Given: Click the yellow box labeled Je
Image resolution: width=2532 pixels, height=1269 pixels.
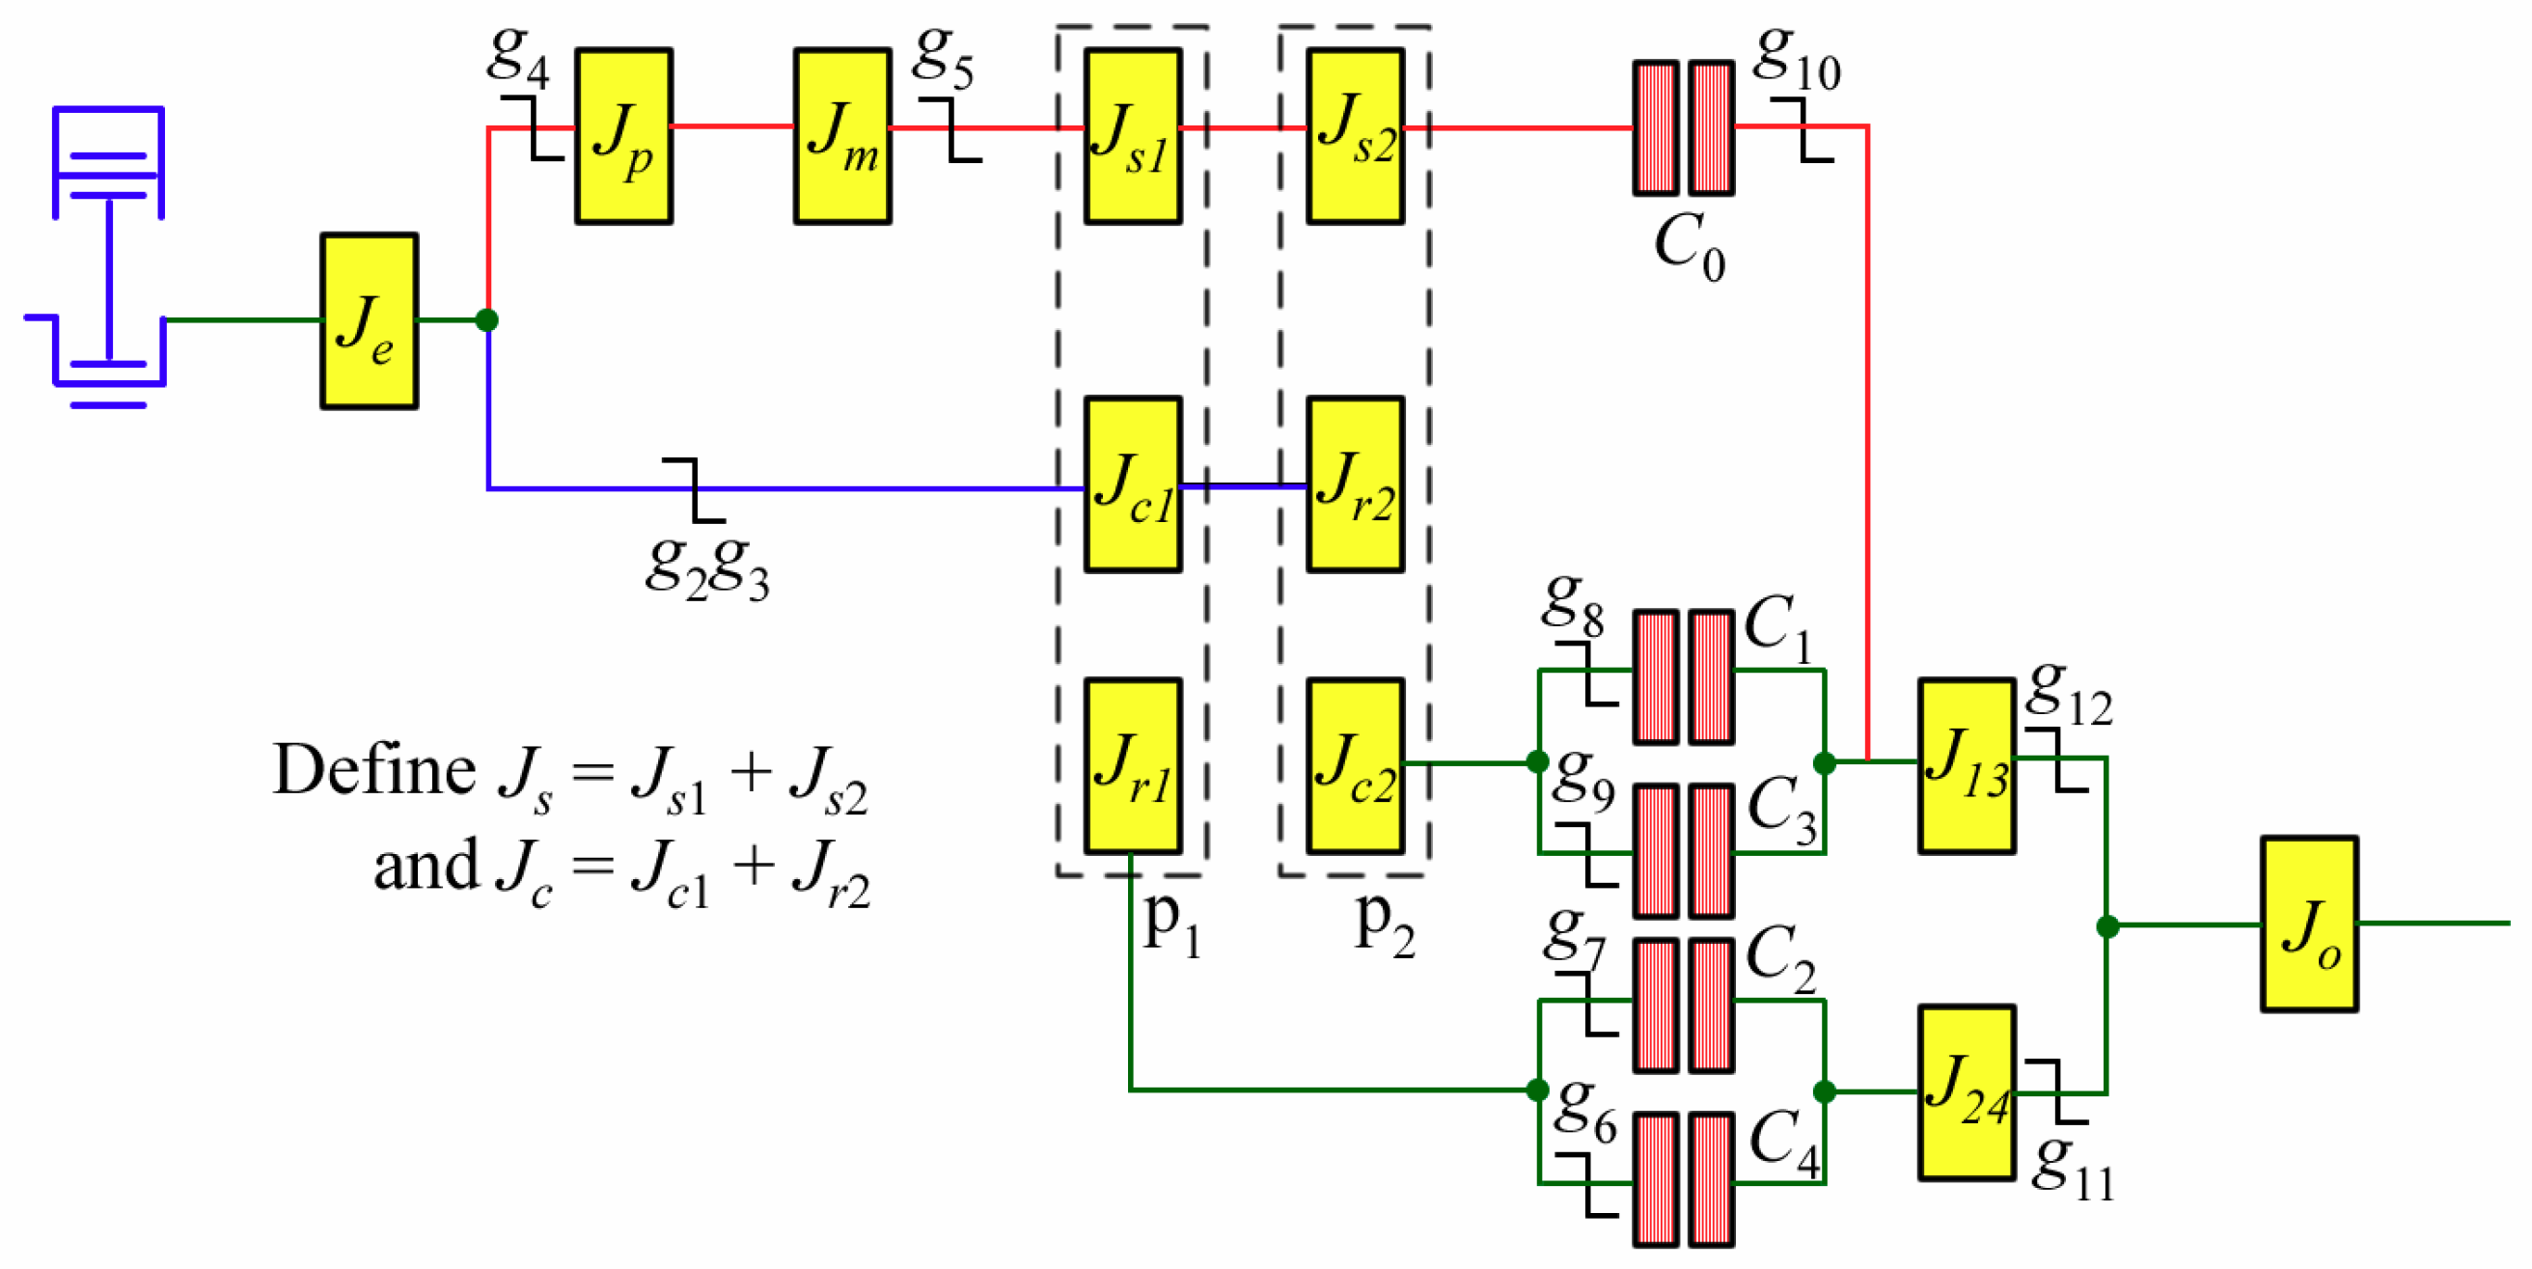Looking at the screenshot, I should coord(369,320).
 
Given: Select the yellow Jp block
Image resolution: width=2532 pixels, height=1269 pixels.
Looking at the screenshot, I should coord(623,136).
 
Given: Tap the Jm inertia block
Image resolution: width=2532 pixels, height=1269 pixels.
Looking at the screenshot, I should coord(842,136).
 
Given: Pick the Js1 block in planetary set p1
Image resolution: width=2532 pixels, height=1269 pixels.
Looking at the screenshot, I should coord(1132,136).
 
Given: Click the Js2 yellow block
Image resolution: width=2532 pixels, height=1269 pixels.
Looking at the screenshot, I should coord(1355,136).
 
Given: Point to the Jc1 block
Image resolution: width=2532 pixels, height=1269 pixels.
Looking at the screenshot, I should coord(1132,483).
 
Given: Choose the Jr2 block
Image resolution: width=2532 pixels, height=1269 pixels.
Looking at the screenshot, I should coord(1355,483).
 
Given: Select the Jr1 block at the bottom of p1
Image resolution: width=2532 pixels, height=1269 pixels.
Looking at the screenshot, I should coord(1132,764).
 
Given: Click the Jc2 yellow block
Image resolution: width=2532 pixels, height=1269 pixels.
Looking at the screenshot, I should coord(1355,764).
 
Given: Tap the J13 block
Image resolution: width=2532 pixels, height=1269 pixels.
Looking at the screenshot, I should coord(1966,764).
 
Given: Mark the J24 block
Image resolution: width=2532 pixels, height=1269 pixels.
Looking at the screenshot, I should coord(1966,1091).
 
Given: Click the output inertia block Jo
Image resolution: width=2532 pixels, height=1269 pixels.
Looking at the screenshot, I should coord(2308,923).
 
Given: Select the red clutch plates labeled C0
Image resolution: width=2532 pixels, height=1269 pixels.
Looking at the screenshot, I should coord(1683,127).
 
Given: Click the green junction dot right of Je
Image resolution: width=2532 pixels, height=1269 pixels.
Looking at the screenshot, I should coord(486,319).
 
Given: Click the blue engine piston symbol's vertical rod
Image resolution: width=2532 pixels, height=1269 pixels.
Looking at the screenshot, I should coord(109,280).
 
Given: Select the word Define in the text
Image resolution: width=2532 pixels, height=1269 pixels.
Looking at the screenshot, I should coord(373,769).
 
